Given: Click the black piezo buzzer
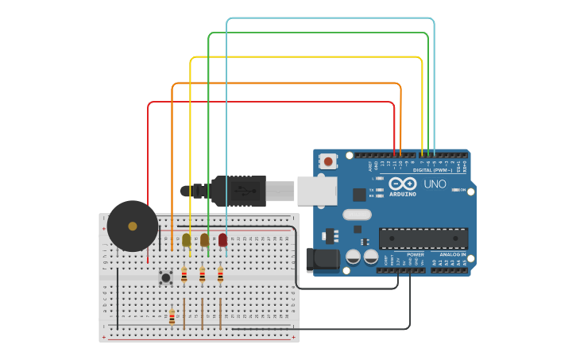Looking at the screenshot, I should click(133, 226).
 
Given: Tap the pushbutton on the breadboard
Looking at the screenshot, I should click(165, 277).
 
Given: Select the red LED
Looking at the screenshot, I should click(222, 239).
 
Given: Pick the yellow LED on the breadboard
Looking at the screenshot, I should click(187, 239).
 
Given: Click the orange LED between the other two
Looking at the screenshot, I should click(204, 239).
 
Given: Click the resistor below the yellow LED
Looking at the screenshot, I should click(184, 275).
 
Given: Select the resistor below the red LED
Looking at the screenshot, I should click(220, 275).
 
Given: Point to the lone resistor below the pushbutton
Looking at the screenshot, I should click(172, 317).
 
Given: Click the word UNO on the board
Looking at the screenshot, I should click(435, 184).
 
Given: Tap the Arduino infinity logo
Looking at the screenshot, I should click(403, 184).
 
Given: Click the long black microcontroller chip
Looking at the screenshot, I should click(423, 238).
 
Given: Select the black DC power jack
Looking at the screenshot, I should click(322, 259).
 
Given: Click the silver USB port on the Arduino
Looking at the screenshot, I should click(317, 190).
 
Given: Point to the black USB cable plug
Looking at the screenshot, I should click(238, 192).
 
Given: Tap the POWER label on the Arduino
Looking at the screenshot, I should click(414, 255).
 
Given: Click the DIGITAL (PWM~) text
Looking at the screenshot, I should click(432, 170).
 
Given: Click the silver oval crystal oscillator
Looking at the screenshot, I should click(358, 214).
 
